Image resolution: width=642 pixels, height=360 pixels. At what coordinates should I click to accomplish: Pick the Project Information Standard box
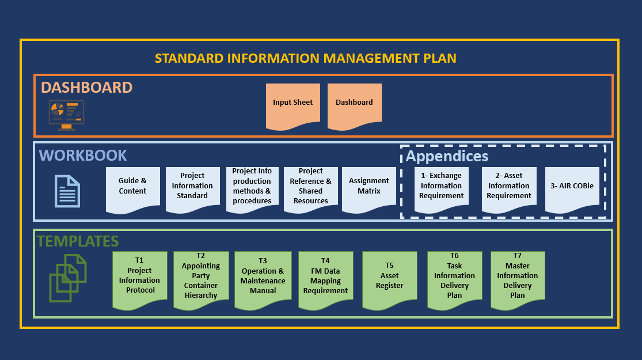coord(192,187)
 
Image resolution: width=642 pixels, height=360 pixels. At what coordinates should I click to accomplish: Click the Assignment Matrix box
coord(369,187)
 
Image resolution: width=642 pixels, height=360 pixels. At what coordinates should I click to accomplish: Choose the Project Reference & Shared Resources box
coord(311,187)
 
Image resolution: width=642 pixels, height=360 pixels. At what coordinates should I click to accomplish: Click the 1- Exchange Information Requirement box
coord(442,187)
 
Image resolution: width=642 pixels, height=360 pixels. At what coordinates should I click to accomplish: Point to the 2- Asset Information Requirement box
coord(509,187)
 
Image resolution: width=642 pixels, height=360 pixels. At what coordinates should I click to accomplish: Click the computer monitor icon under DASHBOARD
coord(66,115)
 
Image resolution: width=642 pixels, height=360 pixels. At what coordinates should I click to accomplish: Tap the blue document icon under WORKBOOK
coord(67,191)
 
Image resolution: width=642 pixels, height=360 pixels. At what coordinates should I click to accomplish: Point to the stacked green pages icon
coord(67,278)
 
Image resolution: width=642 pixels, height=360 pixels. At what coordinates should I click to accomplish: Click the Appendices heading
coord(447,156)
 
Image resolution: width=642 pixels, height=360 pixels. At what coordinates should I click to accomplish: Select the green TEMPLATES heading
coord(78,241)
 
